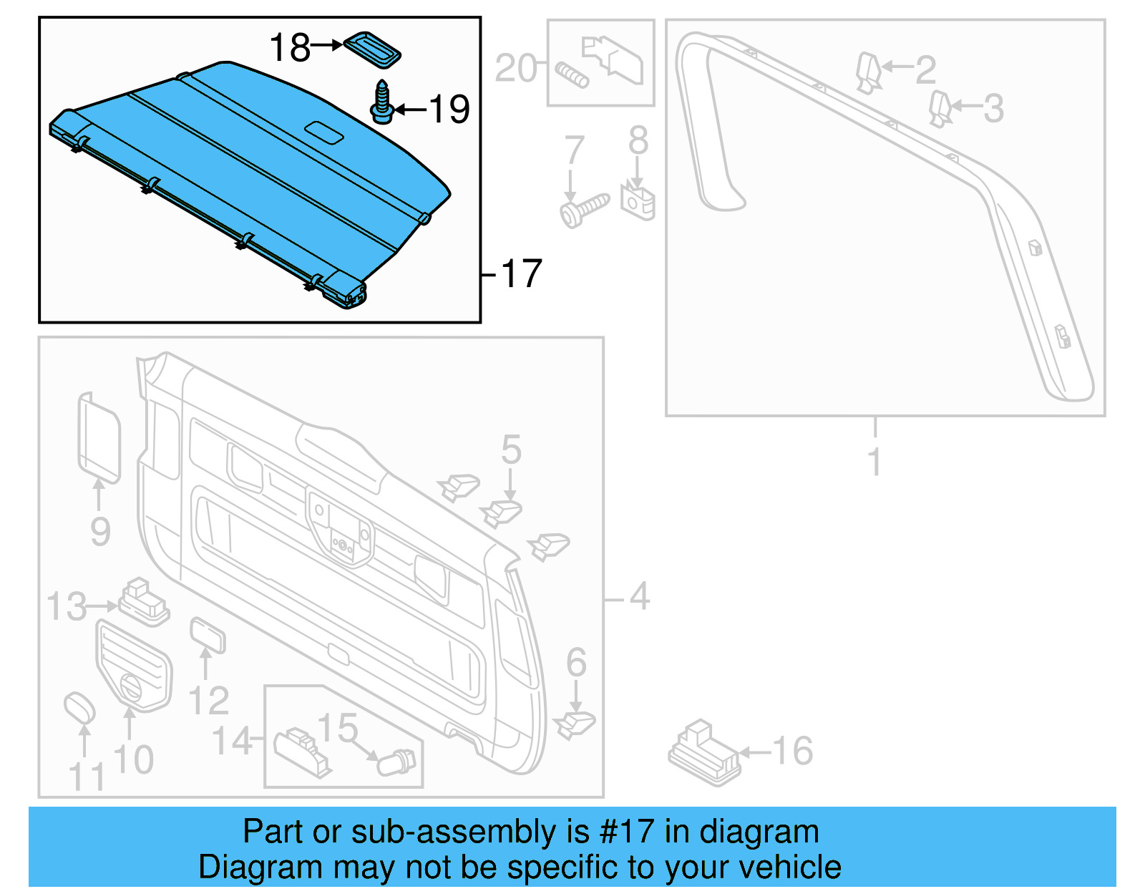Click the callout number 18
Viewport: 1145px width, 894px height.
[x=289, y=48]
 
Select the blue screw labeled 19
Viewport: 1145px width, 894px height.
[x=382, y=102]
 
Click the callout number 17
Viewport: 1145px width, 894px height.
[x=522, y=274]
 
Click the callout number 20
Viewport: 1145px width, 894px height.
[x=515, y=69]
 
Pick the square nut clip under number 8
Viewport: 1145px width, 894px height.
[x=638, y=203]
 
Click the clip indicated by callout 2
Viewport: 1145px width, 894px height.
[x=867, y=72]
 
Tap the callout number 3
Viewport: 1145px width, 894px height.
[x=993, y=109]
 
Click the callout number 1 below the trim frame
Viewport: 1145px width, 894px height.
[x=874, y=462]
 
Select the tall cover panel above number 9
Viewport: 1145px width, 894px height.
[x=98, y=437]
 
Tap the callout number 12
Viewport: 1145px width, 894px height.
[x=208, y=701]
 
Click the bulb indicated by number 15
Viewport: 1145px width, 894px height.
[x=398, y=762]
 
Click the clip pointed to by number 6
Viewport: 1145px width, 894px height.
[x=575, y=724]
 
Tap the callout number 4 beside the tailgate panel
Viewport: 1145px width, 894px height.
[x=639, y=596]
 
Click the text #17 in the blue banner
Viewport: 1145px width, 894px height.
[x=626, y=832]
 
